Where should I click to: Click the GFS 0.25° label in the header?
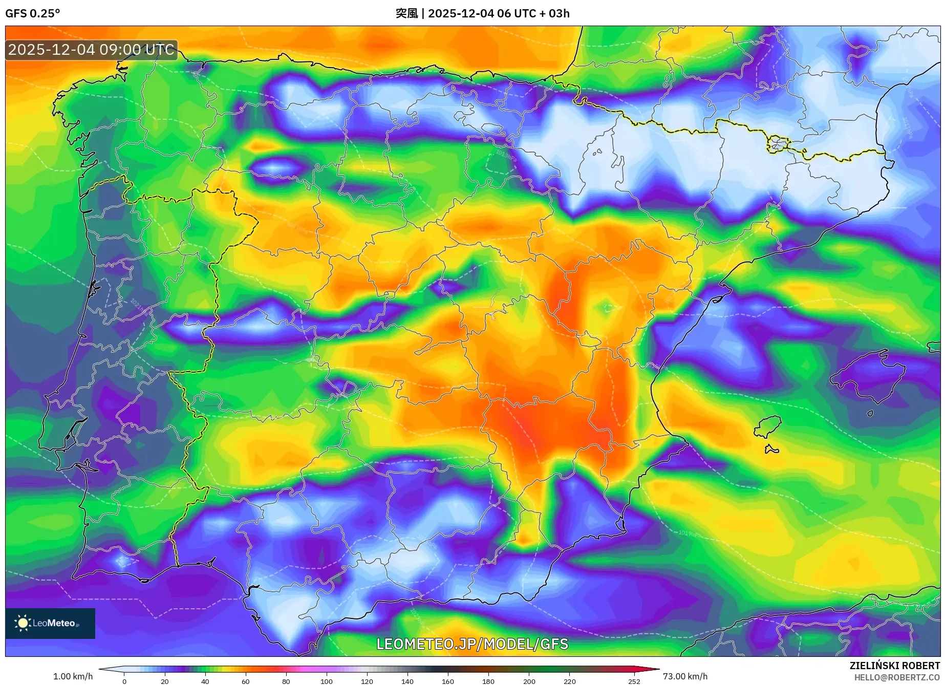(x=32, y=13)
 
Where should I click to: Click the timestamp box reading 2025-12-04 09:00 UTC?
(x=91, y=50)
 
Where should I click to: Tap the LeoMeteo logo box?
(x=50, y=623)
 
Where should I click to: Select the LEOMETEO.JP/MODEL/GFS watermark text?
(x=472, y=644)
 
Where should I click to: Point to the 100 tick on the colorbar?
(x=326, y=681)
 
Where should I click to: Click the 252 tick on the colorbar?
(x=634, y=681)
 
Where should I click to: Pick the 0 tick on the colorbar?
(x=124, y=681)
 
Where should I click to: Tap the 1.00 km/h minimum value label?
(x=73, y=676)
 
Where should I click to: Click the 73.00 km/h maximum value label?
(x=685, y=676)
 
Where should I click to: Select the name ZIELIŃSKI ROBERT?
(x=894, y=666)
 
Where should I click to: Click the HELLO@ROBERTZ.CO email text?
(x=896, y=677)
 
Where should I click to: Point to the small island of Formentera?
(x=771, y=449)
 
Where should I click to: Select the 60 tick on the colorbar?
(x=245, y=681)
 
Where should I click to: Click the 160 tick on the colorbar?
(x=447, y=681)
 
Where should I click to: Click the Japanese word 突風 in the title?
(x=406, y=13)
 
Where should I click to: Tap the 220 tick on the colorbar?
(x=569, y=681)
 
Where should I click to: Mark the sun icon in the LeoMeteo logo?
(x=23, y=623)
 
